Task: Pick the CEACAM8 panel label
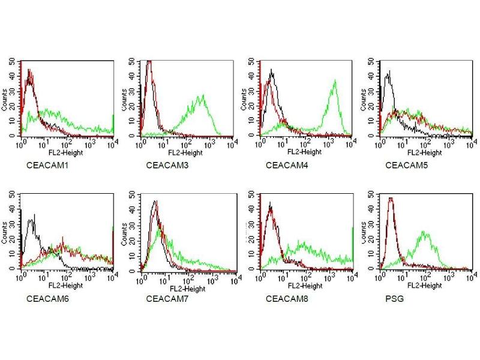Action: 283,298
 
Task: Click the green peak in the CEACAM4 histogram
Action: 335,81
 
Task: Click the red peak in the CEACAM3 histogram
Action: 149,62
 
